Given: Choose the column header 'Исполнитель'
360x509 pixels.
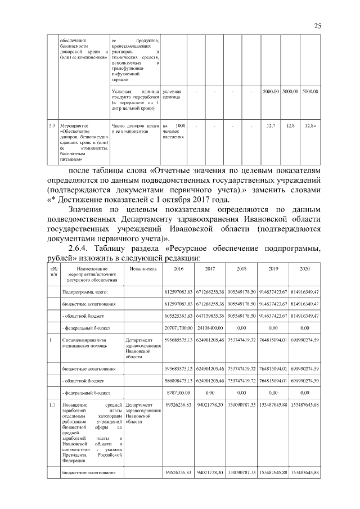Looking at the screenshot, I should [x=138, y=269].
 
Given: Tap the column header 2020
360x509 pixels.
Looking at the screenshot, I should [x=305, y=269].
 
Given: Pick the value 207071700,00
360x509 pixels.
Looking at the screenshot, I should [x=178, y=327].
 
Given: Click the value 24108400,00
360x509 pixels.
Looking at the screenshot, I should [x=210, y=327].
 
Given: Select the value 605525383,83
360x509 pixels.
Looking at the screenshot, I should [x=178, y=316].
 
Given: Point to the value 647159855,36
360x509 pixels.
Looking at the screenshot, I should [x=210, y=316].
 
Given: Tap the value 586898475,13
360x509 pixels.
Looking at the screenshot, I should [x=178, y=381].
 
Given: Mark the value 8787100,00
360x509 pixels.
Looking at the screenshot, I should [x=178, y=392].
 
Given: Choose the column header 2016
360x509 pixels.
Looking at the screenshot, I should [x=178, y=269].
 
